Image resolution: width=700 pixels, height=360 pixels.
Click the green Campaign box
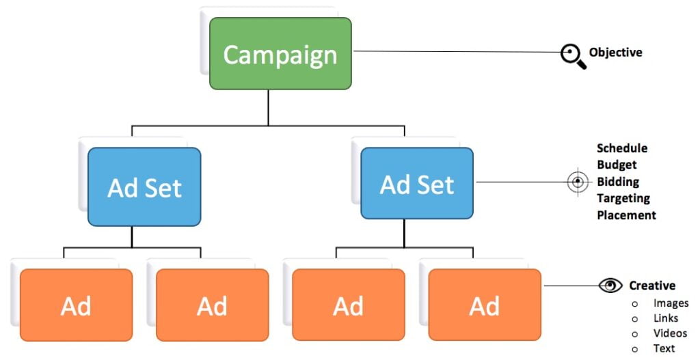tap(280, 54)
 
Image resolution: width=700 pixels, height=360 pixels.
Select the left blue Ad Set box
tap(144, 186)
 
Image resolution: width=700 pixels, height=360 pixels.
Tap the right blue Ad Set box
tap(417, 184)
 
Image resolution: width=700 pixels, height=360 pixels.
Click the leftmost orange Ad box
tap(76, 305)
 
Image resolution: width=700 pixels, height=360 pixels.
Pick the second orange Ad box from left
tap(212, 305)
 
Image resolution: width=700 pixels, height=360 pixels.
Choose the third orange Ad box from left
tap(348, 305)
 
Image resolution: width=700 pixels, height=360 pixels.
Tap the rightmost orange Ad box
tap(484, 305)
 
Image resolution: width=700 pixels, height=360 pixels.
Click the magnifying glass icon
tap(573, 55)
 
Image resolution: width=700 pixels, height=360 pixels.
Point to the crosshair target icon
tap(578, 182)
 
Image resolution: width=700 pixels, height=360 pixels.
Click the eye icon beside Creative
tap(610, 286)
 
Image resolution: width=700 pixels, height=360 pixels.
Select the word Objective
tap(615, 52)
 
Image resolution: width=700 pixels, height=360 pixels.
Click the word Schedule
tap(622, 148)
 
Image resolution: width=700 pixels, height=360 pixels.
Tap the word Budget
tap(617, 165)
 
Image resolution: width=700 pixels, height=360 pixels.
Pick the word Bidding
tap(618, 182)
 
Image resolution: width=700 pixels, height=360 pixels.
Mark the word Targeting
tap(623, 198)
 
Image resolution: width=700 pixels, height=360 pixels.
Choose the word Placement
tap(626, 215)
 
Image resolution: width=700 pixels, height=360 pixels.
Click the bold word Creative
tap(652, 286)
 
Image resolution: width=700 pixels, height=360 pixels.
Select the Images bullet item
tap(671, 303)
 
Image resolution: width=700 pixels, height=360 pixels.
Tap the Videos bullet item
tap(670, 333)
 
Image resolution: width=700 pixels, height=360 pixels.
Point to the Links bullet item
tap(666, 318)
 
